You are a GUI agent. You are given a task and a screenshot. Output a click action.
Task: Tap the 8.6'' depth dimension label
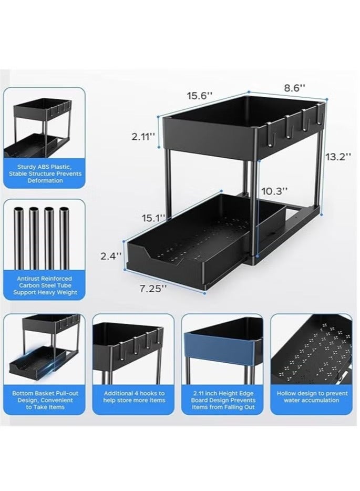[x=295, y=88]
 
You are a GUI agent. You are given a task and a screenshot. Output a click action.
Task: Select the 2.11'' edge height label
[x=142, y=137]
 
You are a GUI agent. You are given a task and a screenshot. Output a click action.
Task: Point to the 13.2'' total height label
[x=336, y=157]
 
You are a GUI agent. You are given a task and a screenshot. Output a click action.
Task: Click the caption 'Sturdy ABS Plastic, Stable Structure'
[x=44, y=173]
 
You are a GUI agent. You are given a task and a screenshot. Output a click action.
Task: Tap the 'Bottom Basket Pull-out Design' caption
[x=44, y=400]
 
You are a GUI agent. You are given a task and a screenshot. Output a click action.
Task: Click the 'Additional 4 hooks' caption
[x=133, y=397]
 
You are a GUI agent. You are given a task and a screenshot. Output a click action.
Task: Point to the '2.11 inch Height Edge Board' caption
[x=223, y=400]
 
